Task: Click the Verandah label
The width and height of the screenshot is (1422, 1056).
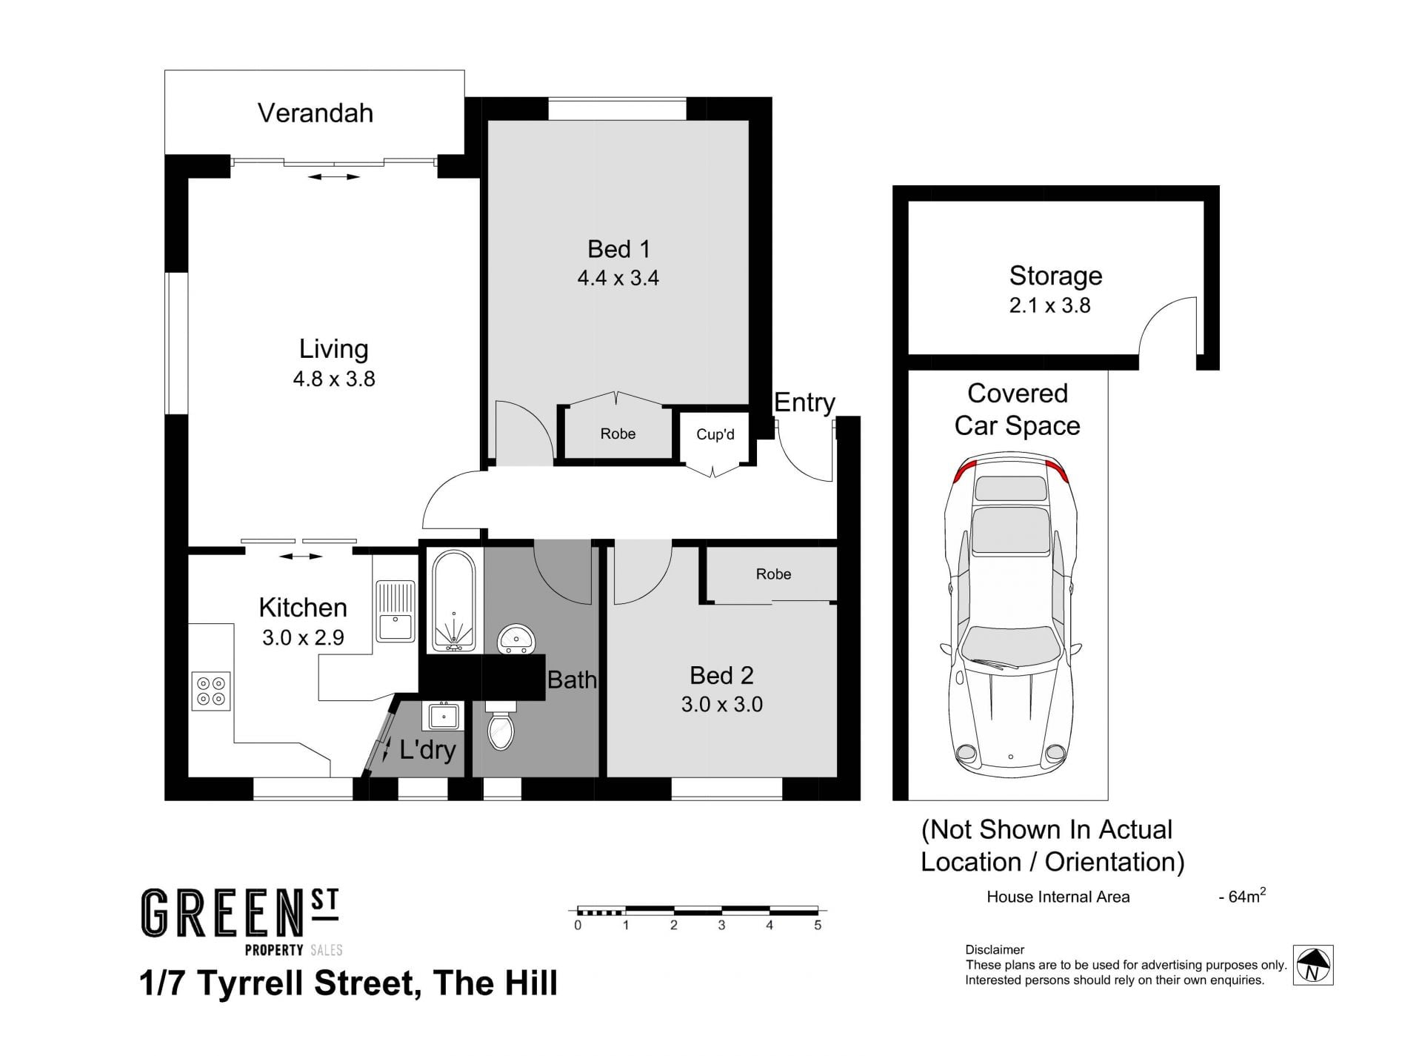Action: tap(316, 113)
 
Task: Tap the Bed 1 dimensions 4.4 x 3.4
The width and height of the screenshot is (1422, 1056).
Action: tap(618, 278)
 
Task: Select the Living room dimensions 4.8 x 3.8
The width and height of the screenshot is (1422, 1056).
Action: tap(334, 379)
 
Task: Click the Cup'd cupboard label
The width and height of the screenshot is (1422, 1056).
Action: tap(715, 434)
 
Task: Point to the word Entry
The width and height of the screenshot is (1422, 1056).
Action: tap(804, 402)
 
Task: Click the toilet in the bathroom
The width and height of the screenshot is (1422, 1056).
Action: tap(501, 729)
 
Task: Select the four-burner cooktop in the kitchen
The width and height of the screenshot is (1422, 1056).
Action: tap(211, 691)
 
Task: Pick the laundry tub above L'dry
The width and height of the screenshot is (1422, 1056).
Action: tap(444, 716)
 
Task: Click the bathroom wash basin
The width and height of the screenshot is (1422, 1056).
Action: tap(516, 640)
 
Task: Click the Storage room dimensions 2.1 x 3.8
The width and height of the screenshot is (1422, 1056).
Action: tap(1050, 305)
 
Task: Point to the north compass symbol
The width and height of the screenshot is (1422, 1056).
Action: tap(1313, 965)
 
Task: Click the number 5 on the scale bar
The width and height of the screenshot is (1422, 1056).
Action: tap(818, 926)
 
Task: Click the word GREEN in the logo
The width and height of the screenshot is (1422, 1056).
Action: tap(222, 914)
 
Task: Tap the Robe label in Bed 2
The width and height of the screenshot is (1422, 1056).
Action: tap(774, 574)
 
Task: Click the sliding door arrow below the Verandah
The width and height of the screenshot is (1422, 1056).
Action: tap(334, 177)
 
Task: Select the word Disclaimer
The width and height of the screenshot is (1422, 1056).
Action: tap(995, 950)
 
